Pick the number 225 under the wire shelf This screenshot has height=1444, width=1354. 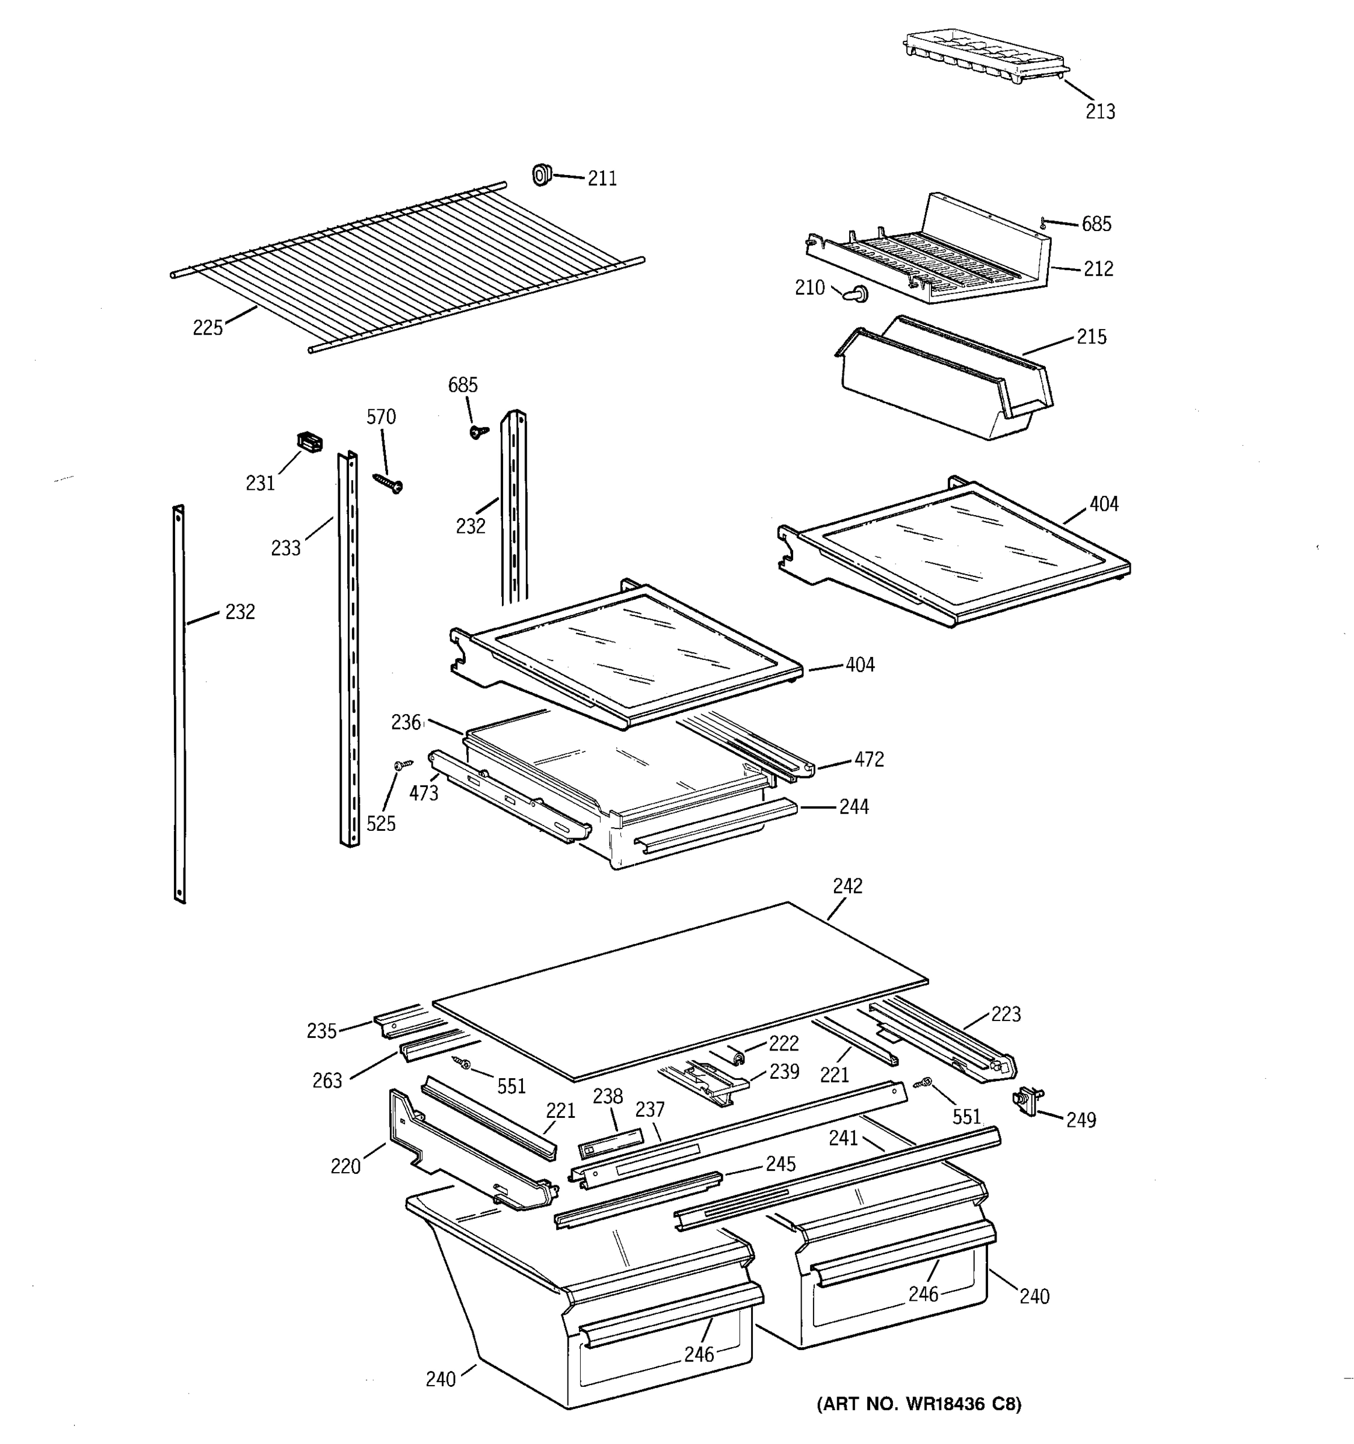[207, 329]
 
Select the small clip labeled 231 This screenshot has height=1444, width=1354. [309, 442]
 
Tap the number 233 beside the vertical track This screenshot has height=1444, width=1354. [285, 548]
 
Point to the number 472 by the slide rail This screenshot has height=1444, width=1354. [869, 760]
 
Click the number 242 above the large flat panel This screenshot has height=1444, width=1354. [847, 886]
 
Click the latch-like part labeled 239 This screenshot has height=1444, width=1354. [705, 1082]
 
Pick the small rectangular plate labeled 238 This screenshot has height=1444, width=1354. [611, 1143]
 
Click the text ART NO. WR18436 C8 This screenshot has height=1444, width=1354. [919, 1404]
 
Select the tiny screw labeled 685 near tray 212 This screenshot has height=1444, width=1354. [1043, 223]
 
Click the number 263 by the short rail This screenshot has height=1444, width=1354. [327, 1081]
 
